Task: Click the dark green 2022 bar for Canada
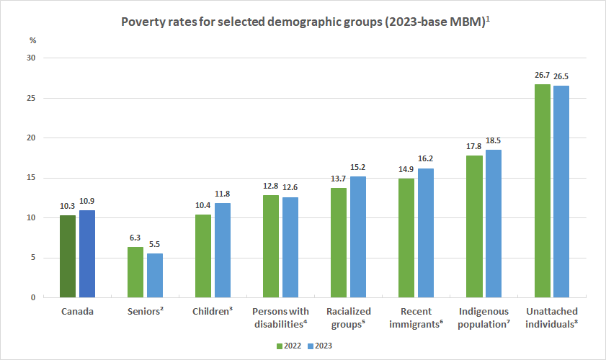[x=68, y=256]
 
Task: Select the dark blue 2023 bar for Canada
[x=87, y=254]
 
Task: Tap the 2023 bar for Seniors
[x=155, y=276]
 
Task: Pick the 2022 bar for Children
[x=203, y=256]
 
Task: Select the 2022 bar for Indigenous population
[x=474, y=227]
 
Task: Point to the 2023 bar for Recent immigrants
[x=426, y=233]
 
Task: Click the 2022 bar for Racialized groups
[x=339, y=243]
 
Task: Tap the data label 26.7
[x=541, y=74]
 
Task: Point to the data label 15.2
[x=358, y=166]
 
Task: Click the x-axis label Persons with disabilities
[x=280, y=317]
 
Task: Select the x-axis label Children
[x=212, y=312]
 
